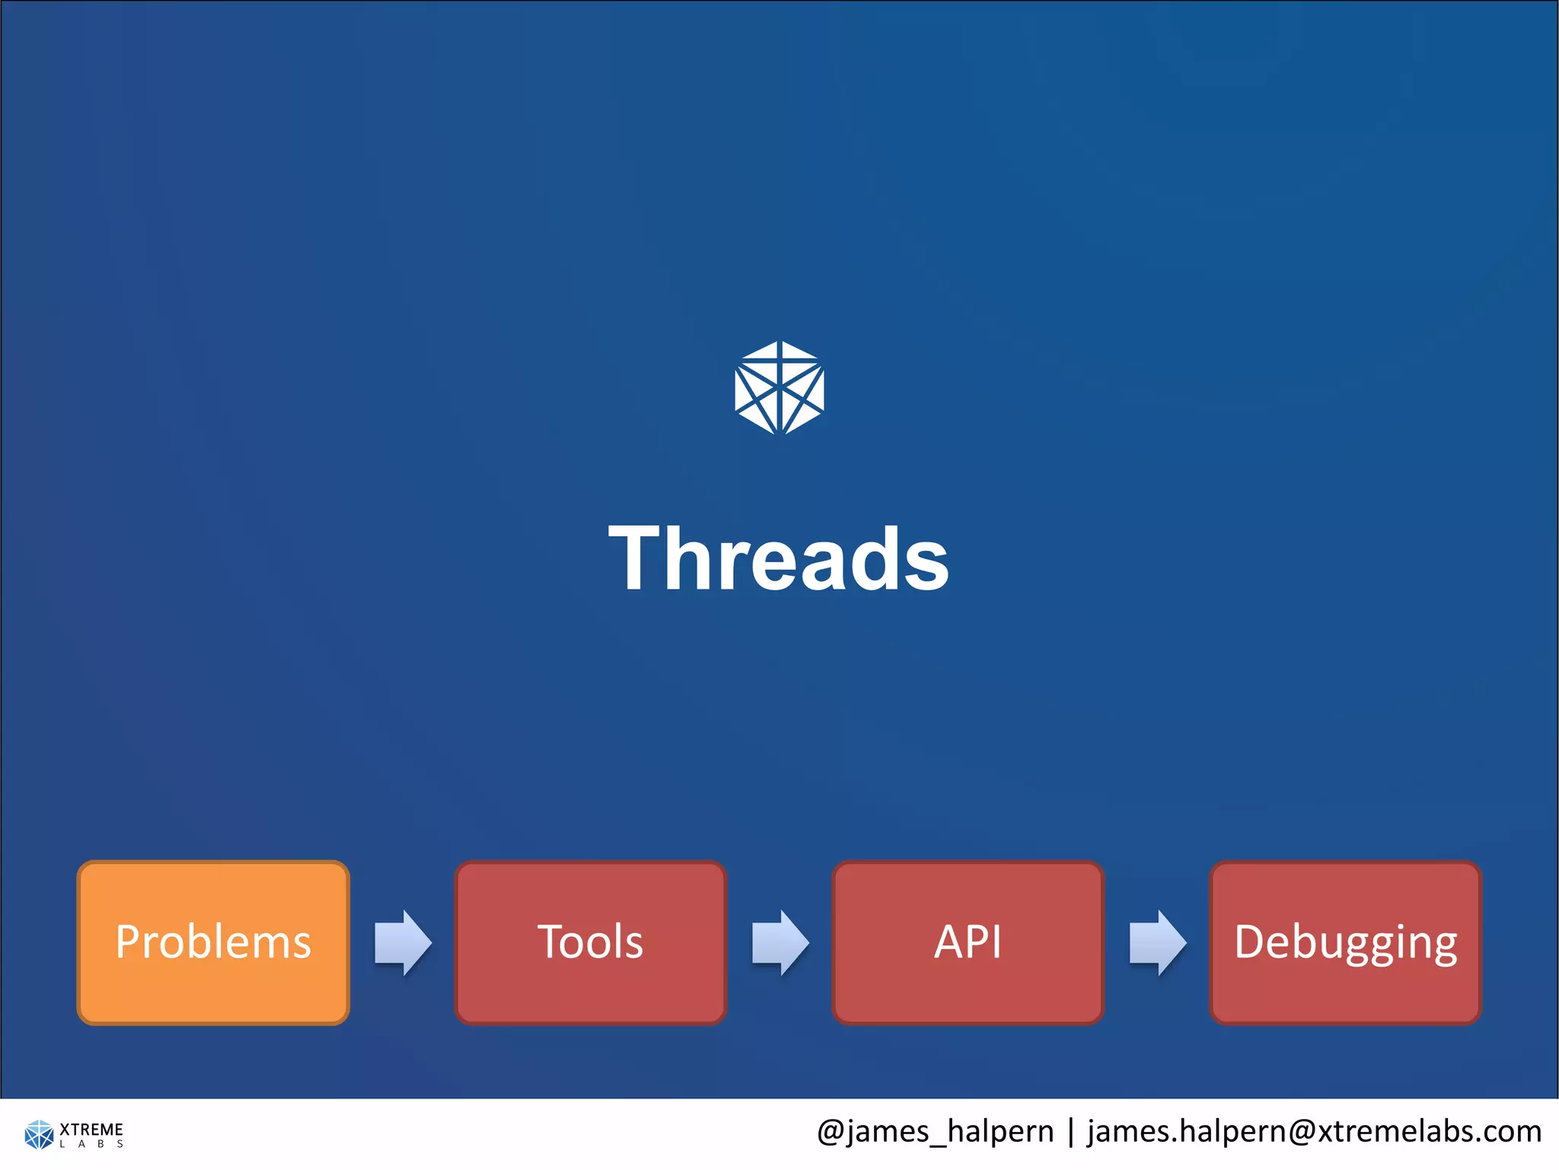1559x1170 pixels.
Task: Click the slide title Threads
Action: (x=779, y=560)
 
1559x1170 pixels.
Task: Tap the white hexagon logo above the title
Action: (x=779, y=388)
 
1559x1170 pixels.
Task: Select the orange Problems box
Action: (x=213, y=942)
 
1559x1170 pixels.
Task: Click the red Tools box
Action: (x=590, y=942)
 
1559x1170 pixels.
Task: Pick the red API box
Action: (x=968, y=942)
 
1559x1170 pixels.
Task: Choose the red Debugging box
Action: (x=1345, y=942)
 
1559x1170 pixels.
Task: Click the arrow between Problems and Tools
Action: (x=403, y=942)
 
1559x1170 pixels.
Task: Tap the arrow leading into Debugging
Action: (x=1157, y=942)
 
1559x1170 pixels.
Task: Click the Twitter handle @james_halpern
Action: (x=935, y=1132)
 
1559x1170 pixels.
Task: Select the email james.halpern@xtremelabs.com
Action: (x=1314, y=1132)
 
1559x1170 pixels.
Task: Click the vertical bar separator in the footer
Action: (x=1071, y=1132)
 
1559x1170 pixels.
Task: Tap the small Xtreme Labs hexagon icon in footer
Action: (x=39, y=1134)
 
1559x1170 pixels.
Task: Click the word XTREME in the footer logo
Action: (x=91, y=1129)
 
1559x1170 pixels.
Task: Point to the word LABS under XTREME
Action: (x=91, y=1144)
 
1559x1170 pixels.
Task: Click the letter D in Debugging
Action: (x=1250, y=941)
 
